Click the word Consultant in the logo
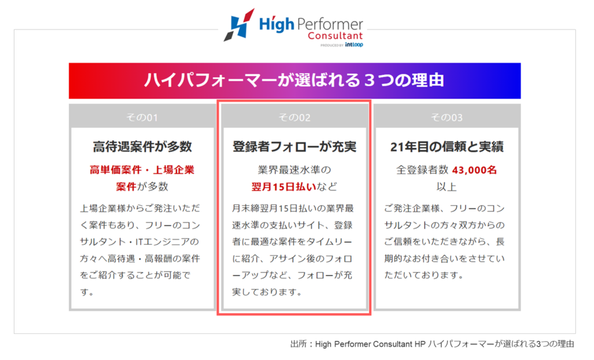click(x=335, y=36)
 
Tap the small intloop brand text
click(x=354, y=45)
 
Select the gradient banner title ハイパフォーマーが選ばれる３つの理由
click(x=294, y=80)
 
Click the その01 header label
click(x=142, y=117)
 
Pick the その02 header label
click(x=294, y=117)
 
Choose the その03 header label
click(x=447, y=117)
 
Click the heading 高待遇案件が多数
click(x=143, y=147)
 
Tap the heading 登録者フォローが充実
click(x=294, y=147)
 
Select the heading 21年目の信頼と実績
click(x=447, y=147)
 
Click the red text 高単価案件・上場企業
click(x=142, y=170)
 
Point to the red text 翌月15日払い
click(x=284, y=187)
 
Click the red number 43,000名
click(x=475, y=170)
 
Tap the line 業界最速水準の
click(x=294, y=170)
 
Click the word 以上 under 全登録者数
click(x=447, y=187)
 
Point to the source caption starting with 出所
click(x=432, y=344)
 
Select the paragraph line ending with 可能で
click(x=135, y=275)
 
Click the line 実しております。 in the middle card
click(x=267, y=292)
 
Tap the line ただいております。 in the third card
click(x=424, y=275)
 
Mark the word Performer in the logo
click(x=330, y=24)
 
